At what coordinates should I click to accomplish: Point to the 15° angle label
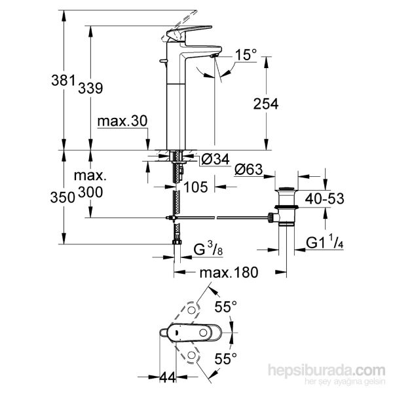pos(242,57)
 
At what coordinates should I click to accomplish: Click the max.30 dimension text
pos(122,122)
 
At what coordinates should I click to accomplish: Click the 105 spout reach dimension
pos(196,187)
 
